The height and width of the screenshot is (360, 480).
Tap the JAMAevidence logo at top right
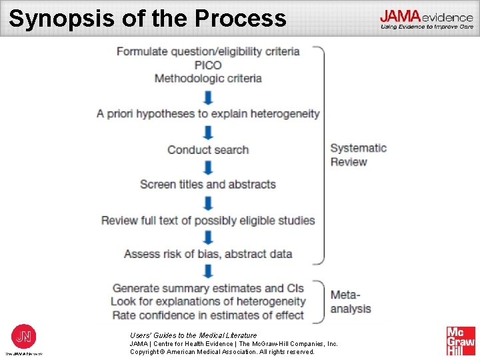pyautogui.click(x=427, y=19)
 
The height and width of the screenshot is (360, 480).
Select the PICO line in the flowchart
pyautogui.click(x=208, y=65)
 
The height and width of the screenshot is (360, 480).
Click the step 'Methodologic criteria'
pyautogui.click(x=208, y=79)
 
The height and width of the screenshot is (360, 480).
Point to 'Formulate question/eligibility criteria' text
pyautogui.click(x=208, y=51)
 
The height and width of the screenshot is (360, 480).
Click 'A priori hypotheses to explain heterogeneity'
pyautogui.click(x=208, y=114)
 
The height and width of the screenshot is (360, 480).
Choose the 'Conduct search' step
pyautogui.click(x=208, y=150)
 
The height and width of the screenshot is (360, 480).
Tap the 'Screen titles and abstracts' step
pyautogui.click(x=208, y=185)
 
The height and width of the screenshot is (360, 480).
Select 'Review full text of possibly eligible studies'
pyautogui.click(x=208, y=220)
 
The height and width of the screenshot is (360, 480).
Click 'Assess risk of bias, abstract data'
pyautogui.click(x=208, y=254)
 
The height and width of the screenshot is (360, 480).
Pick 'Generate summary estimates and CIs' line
pyautogui.click(x=208, y=289)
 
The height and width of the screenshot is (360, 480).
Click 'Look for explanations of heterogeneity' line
pyautogui.click(x=208, y=302)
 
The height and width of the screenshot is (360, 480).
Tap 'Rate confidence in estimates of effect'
pyautogui.click(x=208, y=315)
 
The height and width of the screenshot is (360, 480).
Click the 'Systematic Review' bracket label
pyautogui.click(x=358, y=155)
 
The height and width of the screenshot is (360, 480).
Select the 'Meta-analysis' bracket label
pyautogui.click(x=351, y=301)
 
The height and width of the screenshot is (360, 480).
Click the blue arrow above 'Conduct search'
pyautogui.click(x=208, y=132)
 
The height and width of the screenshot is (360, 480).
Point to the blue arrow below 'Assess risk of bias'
pyautogui.click(x=208, y=271)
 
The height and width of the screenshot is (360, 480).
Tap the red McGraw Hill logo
pyautogui.click(x=461, y=341)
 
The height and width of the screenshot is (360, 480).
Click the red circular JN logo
pyautogui.click(x=24, y=336)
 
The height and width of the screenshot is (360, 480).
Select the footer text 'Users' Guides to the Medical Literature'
pyautogui.click(x=193, y=335)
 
